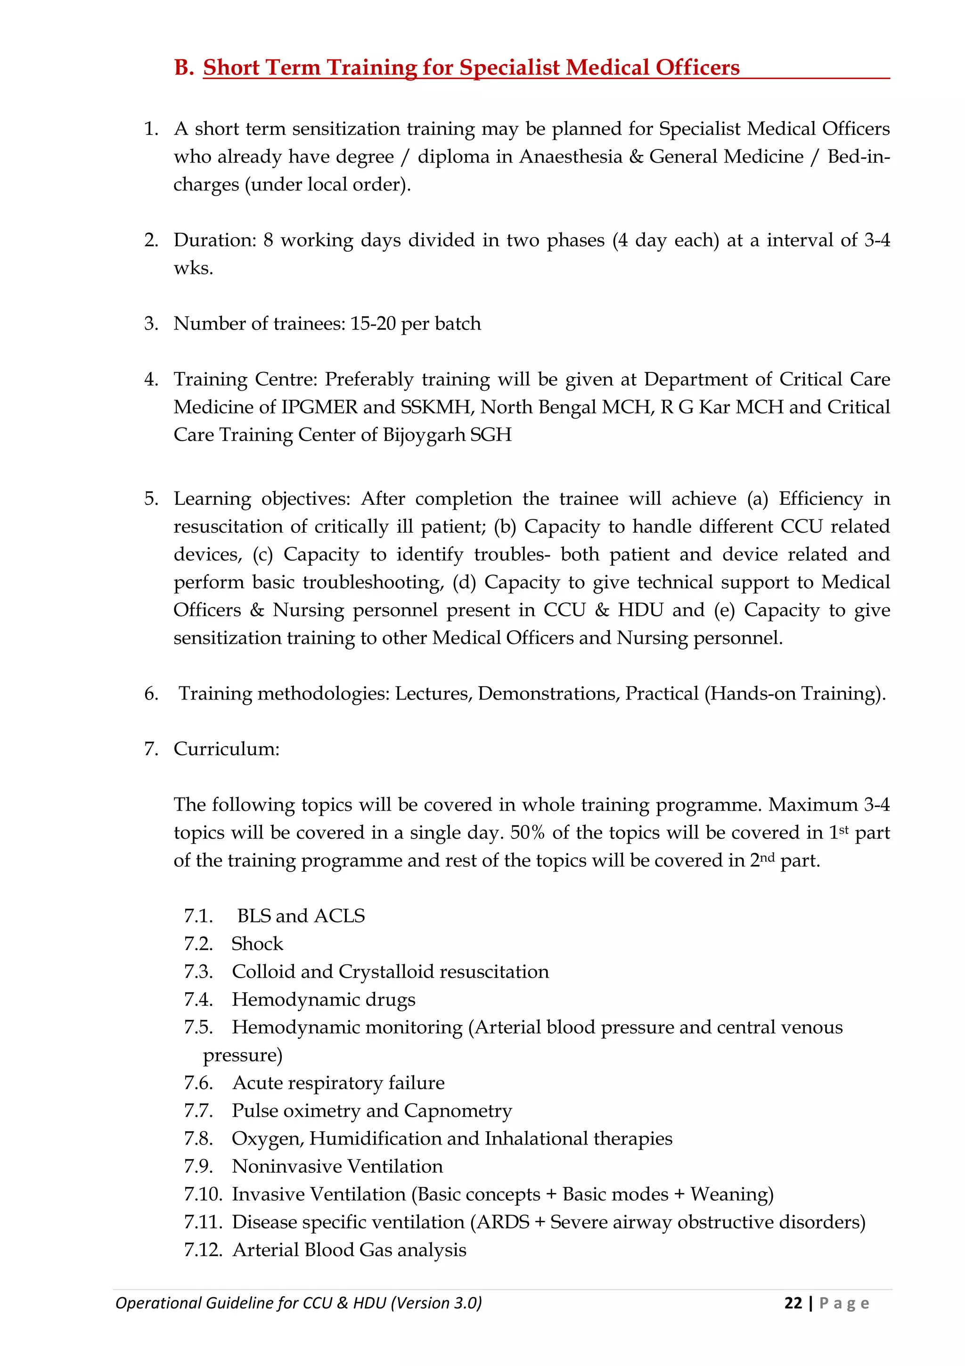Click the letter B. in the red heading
pyautogui.click(x=184, y=68)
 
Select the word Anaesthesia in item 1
pyautogui.click(x=571, y=156)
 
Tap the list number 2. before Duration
pyautogui.click(x=151, y=240)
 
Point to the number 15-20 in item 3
pyautogui.click(x=373, y=324)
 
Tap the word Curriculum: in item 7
pyautogui.click(x=227, y=749)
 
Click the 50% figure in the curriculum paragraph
pyautogui.click(x=527, y=833)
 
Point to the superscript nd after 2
pyautogui.click(x=768, y=857)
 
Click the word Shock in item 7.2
pyautogui.click(x=257, y=944)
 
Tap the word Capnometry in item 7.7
pyautogui.click(x=458, y=1111)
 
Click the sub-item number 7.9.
pyautogui.click(x=198, y=1167)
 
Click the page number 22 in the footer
pyautogui.click(x=793, y=1303)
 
